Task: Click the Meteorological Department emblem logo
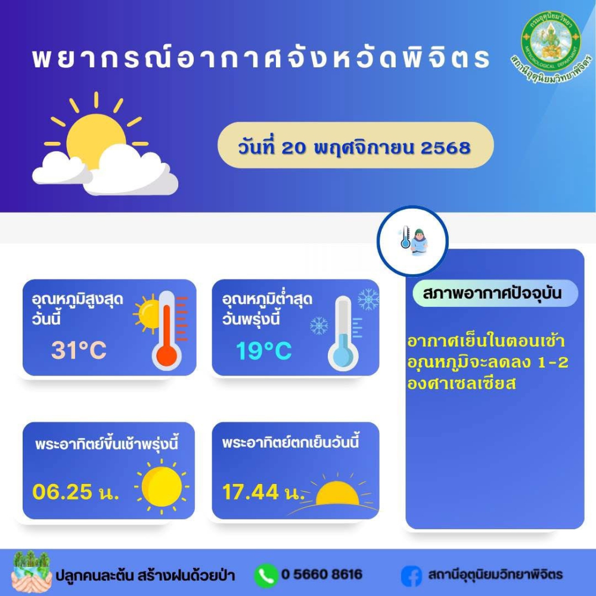(x=551, y=46)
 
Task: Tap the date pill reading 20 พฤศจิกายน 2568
(x=355, y=145)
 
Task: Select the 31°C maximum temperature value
(x=79, y=350)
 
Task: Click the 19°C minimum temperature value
(x=263, y=350)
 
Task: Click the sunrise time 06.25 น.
(x=75, y=492)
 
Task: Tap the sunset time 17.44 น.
(x=263, y=492)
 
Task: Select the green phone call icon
(x=266, y=576)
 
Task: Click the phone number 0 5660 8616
(x=322, y=575)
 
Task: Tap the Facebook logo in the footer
(x=412, y=576)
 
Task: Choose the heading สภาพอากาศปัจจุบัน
(x=492, y=293)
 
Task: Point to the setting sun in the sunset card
(x=337, y=493)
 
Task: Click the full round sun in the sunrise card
(x=162, y=487)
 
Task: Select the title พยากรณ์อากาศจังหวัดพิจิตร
(x=261, y=58)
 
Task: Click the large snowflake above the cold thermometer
(x=368, y=299)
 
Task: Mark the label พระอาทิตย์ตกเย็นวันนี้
(x=290, y=442)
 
